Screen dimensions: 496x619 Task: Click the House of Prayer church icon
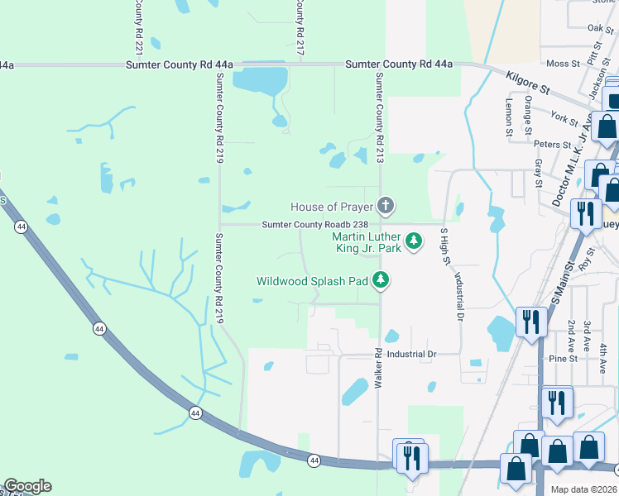(385, 205)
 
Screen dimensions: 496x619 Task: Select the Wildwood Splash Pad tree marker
(381, 281)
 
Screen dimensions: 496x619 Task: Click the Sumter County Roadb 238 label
(320, 224)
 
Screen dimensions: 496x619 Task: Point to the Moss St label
(563, 64)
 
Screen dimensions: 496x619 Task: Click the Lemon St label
(510, 115)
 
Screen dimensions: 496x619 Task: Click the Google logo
(27, 486)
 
